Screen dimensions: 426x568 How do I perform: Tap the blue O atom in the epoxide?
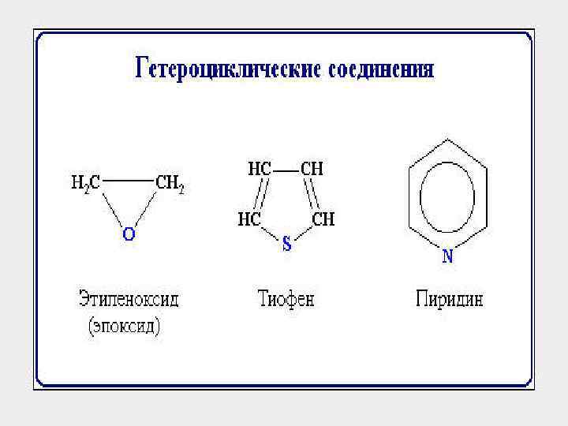128,234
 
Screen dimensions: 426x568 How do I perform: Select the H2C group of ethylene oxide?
85,183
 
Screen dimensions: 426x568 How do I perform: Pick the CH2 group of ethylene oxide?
170,183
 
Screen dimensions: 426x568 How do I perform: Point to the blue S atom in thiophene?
287,245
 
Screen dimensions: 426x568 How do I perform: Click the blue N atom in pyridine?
447,255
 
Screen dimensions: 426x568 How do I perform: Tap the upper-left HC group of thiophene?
260,169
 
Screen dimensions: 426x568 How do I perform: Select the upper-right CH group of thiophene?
312,169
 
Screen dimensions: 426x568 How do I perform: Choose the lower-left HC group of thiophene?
250,219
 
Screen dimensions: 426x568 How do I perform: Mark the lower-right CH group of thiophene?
323,219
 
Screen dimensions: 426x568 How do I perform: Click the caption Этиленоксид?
129,300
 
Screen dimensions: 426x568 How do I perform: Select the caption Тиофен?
286,300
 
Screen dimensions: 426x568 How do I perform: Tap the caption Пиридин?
449,300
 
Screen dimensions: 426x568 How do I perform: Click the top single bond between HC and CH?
286,169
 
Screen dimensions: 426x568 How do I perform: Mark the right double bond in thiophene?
314,194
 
